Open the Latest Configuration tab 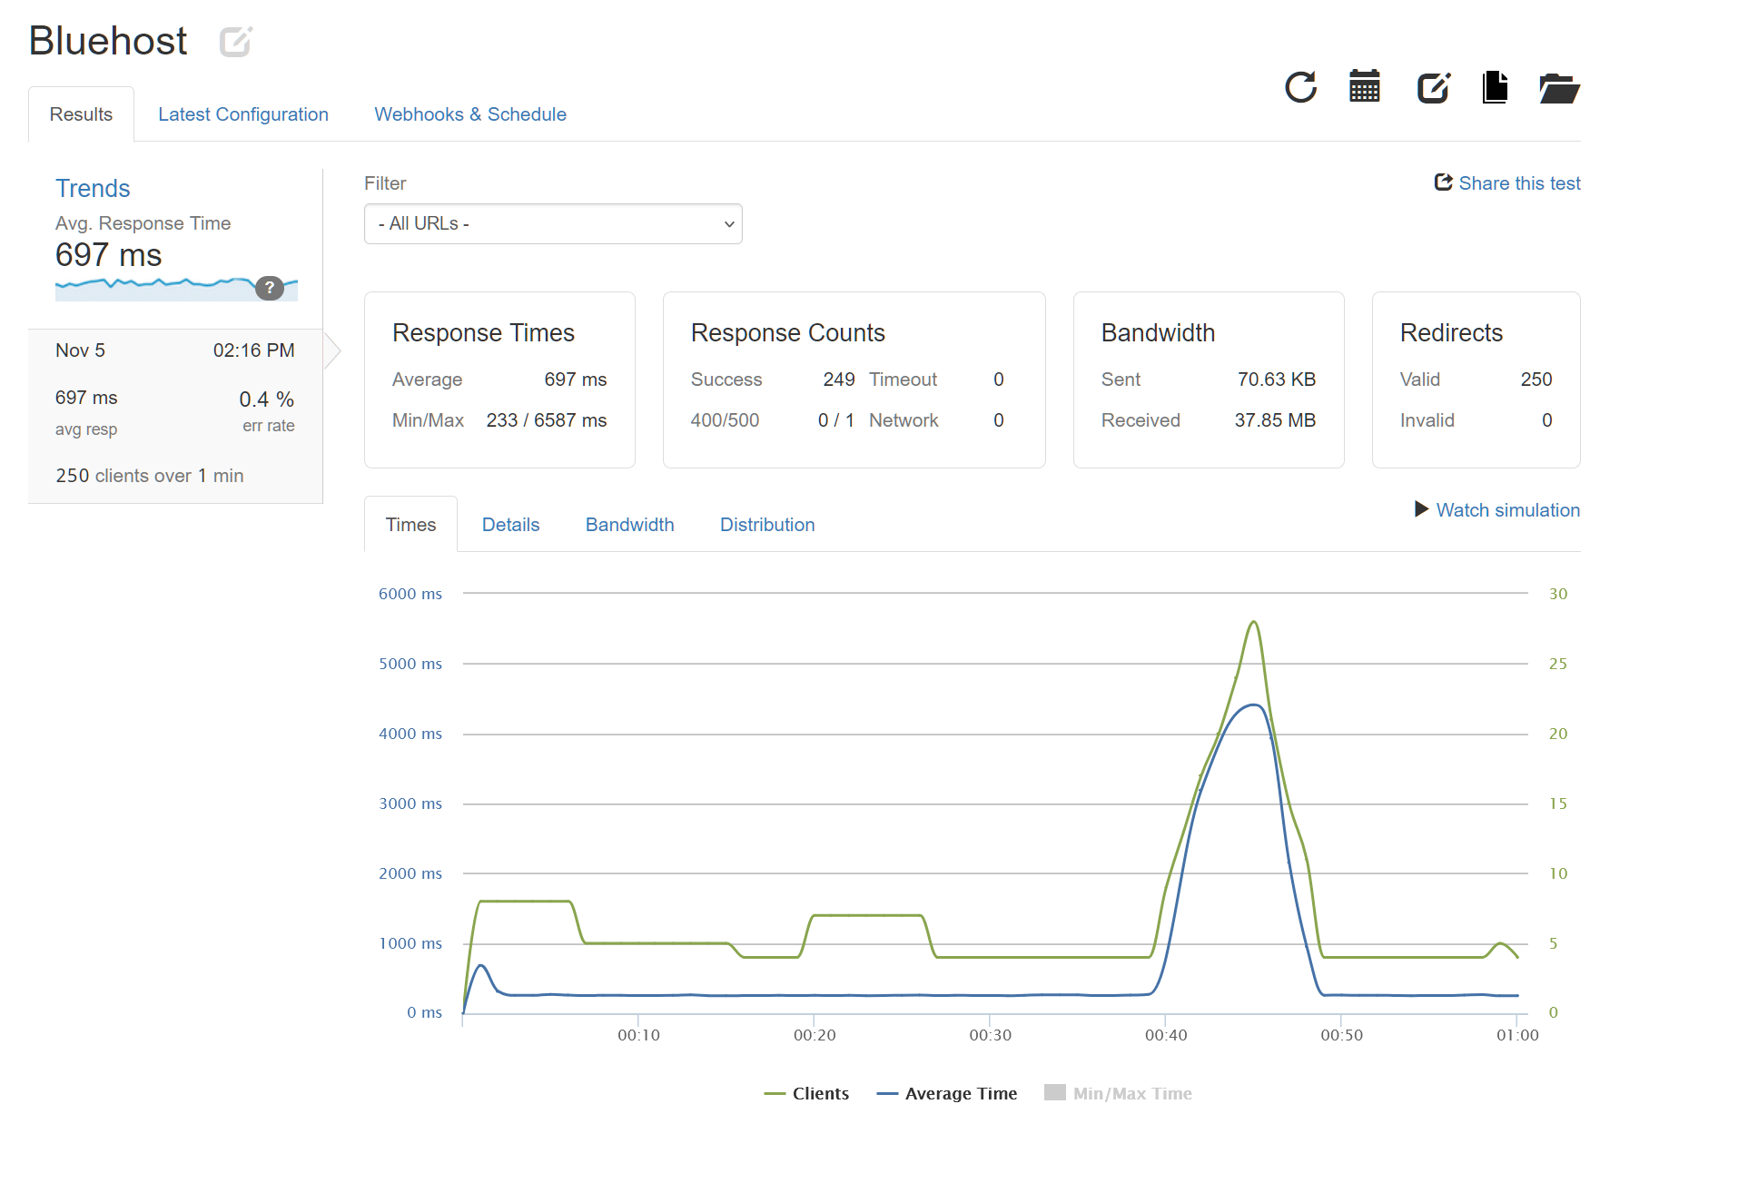pos(242,114)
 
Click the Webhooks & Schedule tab pos(469,114)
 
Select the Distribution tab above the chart pos(766,525)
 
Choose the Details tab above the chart pos(510,525)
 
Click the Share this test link pos(1507,183)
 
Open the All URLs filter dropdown pos(553,223)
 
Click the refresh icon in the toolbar pos(1300,88)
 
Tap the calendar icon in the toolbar pos(1364,88)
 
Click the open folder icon pos(1559,88)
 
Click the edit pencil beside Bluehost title pos(235,42)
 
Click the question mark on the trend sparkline pos(270,288)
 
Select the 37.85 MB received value pos(1274,420)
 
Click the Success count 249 pos(838,380)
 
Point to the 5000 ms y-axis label pos(410,664)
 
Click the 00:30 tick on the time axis pos(990,1035)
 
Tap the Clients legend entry pos(807,1094)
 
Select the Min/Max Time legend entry pos(1119,1094)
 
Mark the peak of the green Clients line pos(1254,622)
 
